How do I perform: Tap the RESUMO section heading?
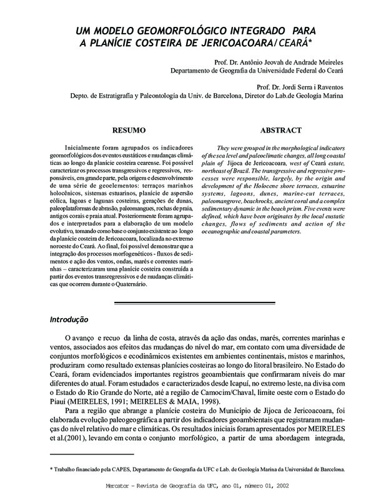pos(129,131)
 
